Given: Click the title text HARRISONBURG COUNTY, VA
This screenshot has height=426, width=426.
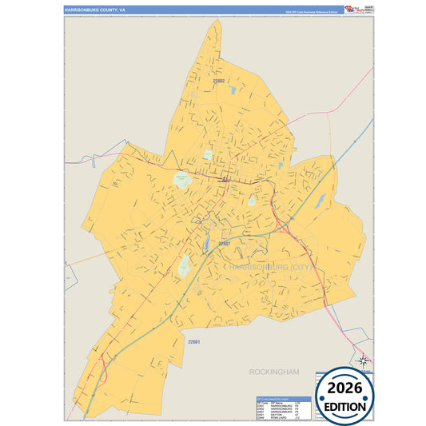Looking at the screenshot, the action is tap(95, 10).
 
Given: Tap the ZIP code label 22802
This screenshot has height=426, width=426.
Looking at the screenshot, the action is tap(219, 81).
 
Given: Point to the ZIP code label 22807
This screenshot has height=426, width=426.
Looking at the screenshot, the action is tap(225, 243).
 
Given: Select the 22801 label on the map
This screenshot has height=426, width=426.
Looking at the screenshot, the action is tap(193, 342).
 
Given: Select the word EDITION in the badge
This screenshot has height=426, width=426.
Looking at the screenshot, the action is tap(347, 406).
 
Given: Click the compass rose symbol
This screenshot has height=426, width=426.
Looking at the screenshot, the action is tap(364, 360).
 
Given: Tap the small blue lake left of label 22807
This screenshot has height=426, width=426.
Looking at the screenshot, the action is tap(206, 243).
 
